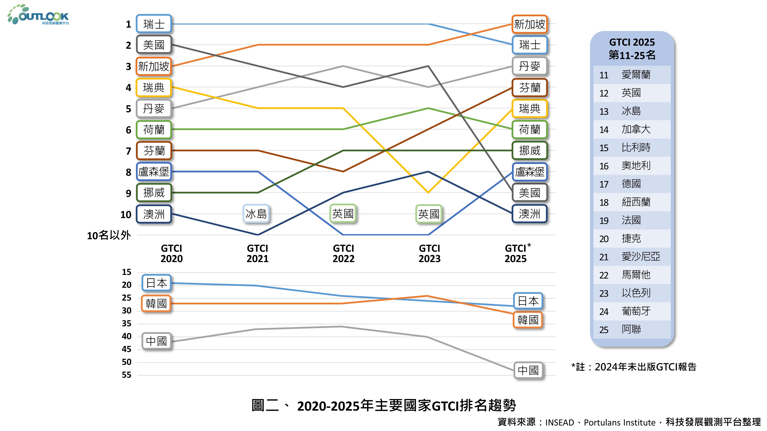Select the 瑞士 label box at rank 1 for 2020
pos(154,24)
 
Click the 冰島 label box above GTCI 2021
pos(256,214)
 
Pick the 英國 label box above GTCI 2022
pos(343,214)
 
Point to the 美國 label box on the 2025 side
pos(529,193)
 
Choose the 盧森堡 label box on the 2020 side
pos(154,172)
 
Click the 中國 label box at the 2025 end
pos(528,370)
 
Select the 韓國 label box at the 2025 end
pos(528,320)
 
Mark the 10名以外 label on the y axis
pos(109,235)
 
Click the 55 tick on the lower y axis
pos(127,375)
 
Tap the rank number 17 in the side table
pos(604,184)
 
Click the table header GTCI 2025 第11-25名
pos(632,48)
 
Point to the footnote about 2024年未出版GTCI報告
pos(634,367)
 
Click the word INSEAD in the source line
pos(560,422)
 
